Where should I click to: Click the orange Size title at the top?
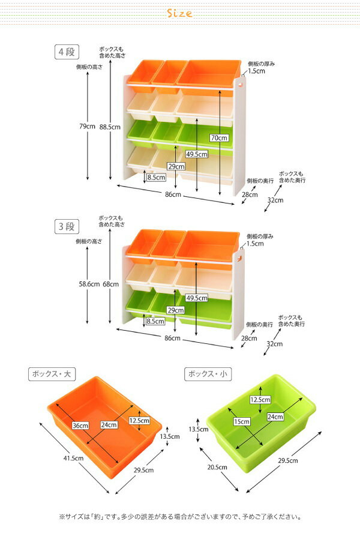tap(179, 13)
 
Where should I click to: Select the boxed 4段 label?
tap(67, 52)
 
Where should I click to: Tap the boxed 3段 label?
tap(67, 226)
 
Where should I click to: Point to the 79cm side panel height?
tap(88, 126)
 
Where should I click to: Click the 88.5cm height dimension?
tap(110, 127)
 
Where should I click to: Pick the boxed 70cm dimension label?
tap(219, 138)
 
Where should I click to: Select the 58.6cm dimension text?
tap(89, 284)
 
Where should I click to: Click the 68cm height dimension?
tap(111, 284)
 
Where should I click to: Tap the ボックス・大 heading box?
tap(52, 374)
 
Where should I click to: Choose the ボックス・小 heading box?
tap(208, 374)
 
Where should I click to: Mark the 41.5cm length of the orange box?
tap(73, 458)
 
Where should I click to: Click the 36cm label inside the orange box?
tap(80, 426)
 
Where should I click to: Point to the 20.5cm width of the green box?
tap(217, 467)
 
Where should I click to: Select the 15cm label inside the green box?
tap(242, 422)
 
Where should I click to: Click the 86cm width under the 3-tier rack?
tap(173, 338)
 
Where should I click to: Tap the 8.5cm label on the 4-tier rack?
tap(156, 177)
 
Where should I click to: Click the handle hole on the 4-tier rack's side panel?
tap(241, 84)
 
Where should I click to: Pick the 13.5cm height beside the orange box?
tap(170, 436)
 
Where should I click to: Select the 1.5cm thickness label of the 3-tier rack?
tap(255, 244)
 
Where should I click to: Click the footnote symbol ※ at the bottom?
tap(62, 517)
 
